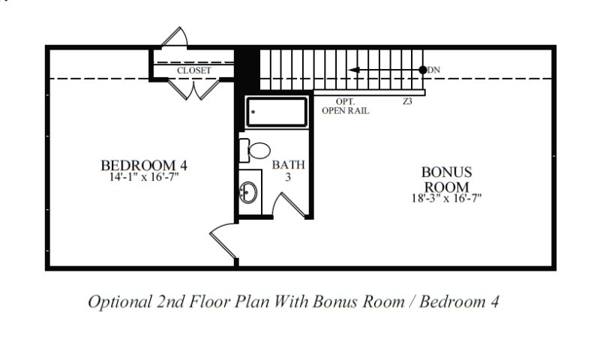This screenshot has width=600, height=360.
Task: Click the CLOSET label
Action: coord(193,70)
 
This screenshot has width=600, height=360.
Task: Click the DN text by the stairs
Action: coord(434,70)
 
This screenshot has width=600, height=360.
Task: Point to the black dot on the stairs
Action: coord(424,70)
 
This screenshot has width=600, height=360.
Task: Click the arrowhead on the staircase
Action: coord(355,70)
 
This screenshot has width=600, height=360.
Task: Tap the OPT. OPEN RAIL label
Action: coord(345,105)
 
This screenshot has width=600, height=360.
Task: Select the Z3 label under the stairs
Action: coord(407,100)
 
